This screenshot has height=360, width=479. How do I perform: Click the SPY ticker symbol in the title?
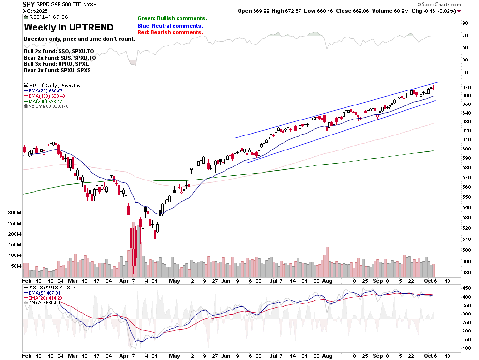[28, 4]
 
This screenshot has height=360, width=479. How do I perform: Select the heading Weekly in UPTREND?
[69, 27]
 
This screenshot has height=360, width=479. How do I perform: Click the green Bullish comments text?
[172, 18]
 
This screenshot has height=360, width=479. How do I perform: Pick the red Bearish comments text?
[170, 32]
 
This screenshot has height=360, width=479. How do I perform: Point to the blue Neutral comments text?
[170, 26]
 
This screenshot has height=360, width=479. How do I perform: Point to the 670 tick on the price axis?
[466, 87]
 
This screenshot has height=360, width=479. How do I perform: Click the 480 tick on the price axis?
[466, 272]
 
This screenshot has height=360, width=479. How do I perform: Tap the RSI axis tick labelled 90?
[465, 23]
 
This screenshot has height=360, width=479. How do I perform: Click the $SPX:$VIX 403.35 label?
[53, 287]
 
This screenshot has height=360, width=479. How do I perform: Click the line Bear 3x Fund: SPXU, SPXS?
[56, 70]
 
